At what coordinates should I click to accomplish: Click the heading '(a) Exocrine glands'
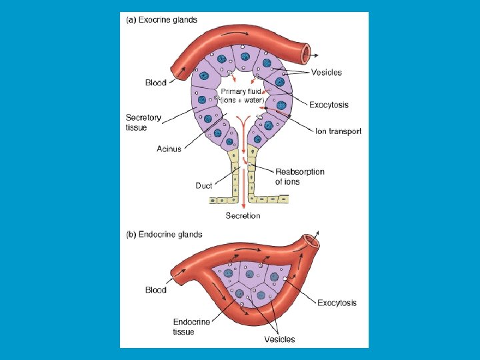162,20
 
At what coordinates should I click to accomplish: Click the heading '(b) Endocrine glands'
165,234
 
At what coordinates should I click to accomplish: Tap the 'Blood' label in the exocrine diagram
156,83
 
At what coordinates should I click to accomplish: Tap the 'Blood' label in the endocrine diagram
156,290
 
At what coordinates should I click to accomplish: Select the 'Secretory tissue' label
143,122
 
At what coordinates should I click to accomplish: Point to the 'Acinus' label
169,149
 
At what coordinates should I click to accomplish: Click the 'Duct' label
203,185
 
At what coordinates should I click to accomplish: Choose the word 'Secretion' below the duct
243,216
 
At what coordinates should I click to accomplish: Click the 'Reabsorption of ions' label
299,177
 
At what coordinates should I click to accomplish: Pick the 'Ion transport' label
338,131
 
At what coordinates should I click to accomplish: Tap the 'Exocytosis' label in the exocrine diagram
329,105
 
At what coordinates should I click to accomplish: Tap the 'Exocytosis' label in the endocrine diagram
337,303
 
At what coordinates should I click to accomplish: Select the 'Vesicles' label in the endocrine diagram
279,339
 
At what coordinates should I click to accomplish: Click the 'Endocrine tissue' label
192,327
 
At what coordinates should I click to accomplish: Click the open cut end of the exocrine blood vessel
307,51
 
